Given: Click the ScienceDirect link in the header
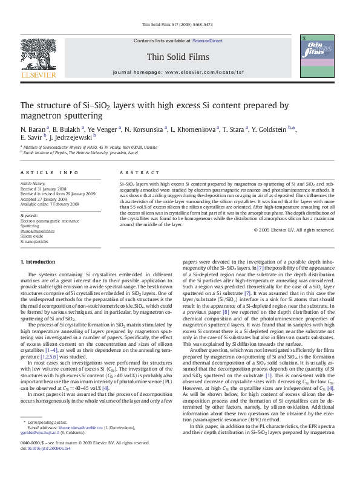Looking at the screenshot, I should pos(208,41).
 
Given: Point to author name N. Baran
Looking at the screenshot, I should pos(33,129).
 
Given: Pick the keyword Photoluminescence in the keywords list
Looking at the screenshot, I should pos(38,231).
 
